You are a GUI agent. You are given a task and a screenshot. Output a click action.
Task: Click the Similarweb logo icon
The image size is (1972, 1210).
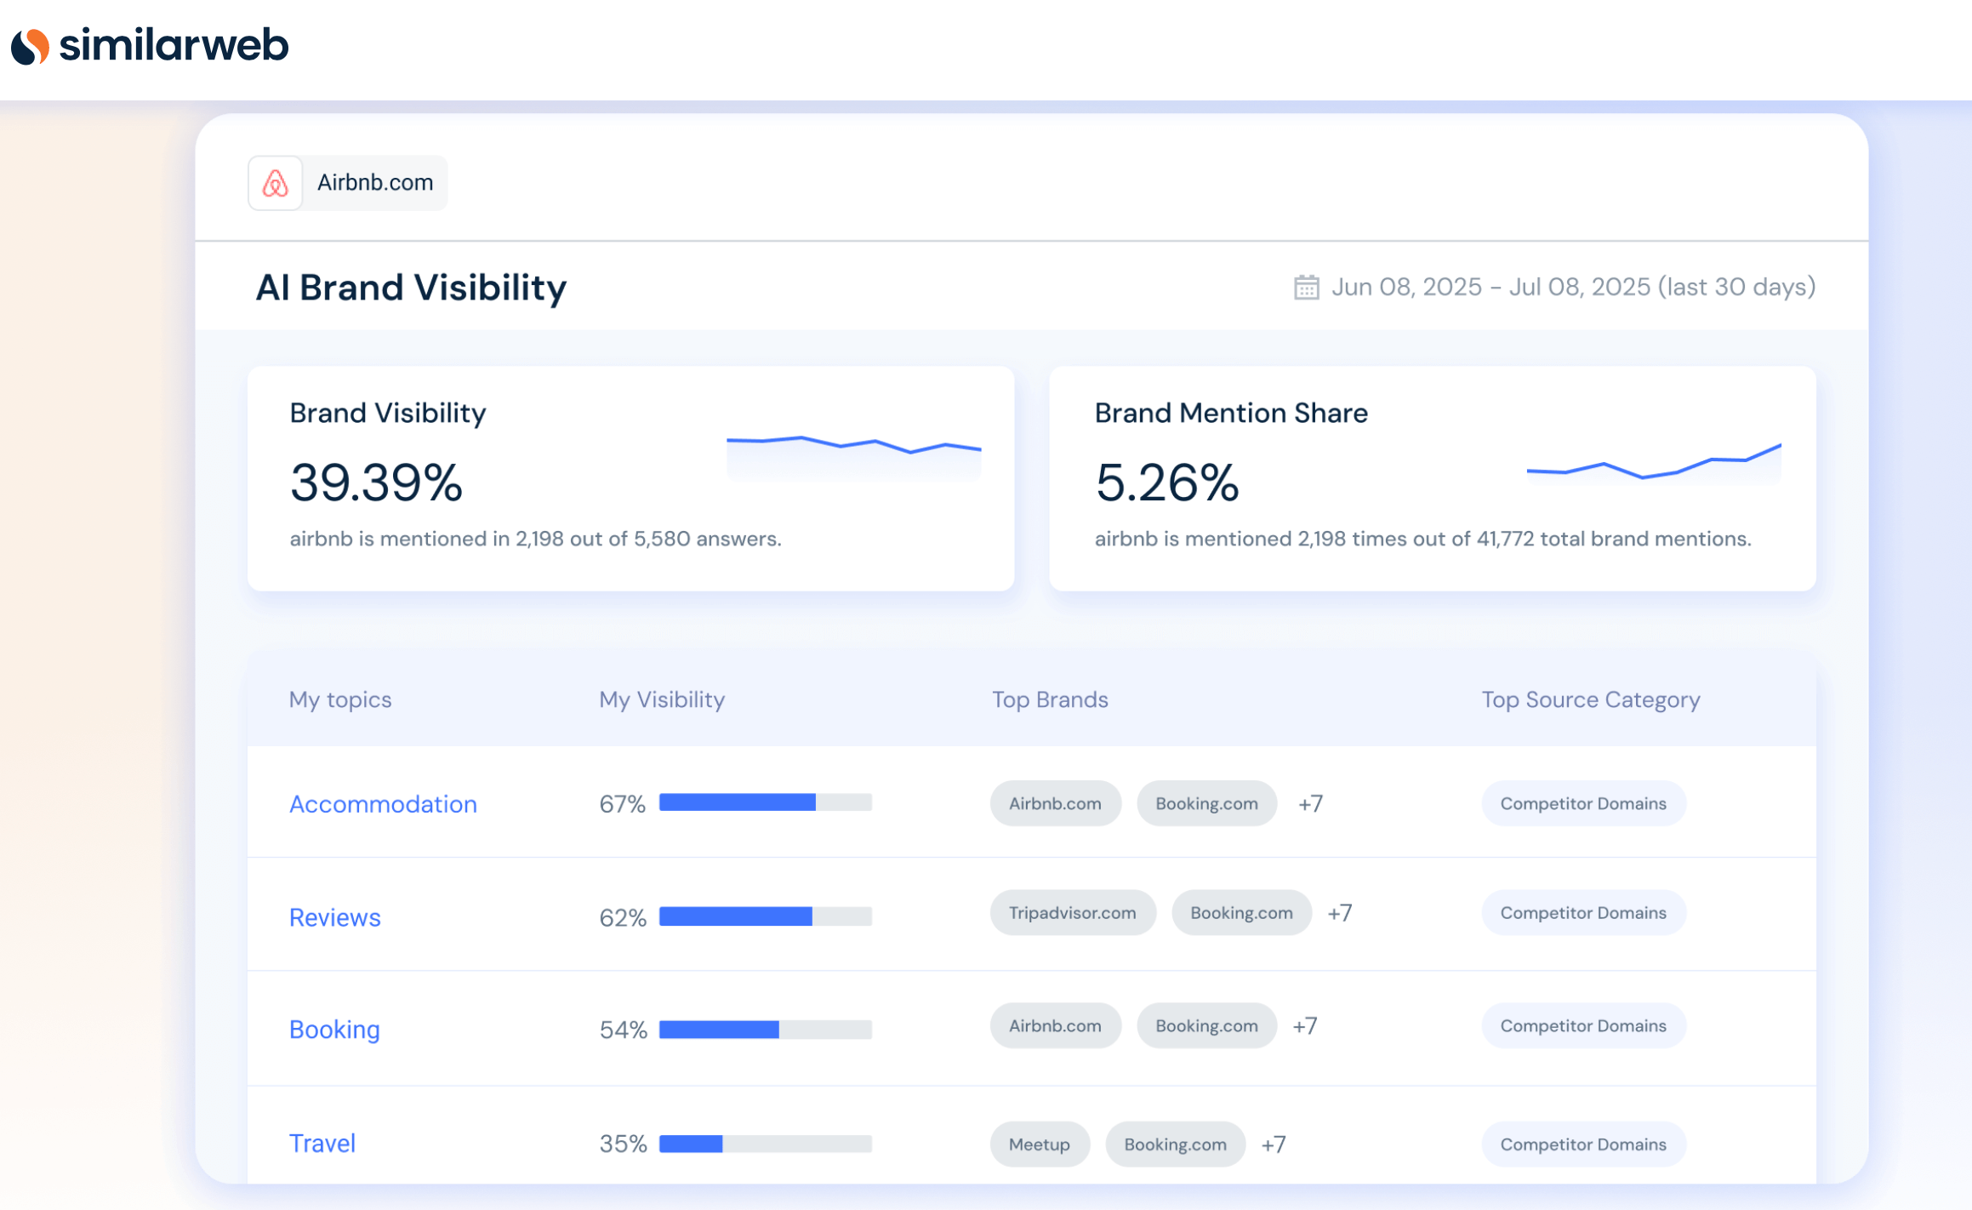31,46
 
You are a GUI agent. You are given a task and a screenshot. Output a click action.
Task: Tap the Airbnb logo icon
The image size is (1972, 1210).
275,183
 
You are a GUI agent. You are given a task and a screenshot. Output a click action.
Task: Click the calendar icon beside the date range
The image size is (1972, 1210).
1306,288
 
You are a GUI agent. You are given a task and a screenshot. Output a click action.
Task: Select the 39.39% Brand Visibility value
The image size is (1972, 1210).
376,482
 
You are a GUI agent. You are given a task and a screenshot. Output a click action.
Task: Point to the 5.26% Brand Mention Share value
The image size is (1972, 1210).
1166,482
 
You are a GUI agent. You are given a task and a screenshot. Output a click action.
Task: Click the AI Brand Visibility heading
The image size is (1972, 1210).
411,288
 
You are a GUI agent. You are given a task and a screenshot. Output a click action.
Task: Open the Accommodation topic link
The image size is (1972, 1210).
383,804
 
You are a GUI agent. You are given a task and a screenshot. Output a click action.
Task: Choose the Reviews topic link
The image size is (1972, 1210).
334,917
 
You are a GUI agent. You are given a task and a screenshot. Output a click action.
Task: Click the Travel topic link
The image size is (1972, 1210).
322,1144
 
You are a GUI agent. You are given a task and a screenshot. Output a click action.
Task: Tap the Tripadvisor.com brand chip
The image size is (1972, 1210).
1072,913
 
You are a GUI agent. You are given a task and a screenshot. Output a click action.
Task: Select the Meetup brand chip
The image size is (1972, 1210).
1039,1144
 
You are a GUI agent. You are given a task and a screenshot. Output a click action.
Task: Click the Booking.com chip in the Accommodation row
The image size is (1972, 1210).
1205,804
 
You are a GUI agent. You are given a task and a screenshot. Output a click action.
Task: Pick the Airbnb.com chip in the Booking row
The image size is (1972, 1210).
1054,1026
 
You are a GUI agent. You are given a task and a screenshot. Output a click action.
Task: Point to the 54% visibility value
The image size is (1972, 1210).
623,1030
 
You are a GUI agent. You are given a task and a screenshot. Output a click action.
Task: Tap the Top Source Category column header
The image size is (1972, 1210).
1590,699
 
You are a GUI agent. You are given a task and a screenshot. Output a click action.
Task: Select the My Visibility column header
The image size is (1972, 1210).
661,699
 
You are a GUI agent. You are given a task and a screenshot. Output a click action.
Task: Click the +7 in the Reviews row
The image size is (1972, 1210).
1339,913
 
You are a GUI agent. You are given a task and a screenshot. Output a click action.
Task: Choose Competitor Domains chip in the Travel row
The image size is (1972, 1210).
1582,1144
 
